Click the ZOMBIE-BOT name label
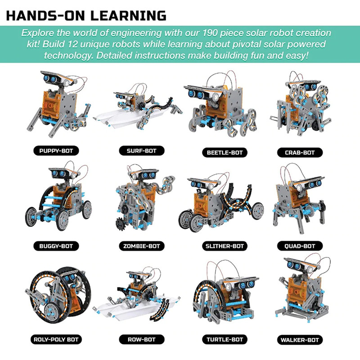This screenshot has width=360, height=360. pos(138,246)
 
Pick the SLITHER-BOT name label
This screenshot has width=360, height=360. pos(224,246)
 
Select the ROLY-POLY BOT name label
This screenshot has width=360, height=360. pos(53,338)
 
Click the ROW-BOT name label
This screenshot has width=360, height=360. pos(138,339)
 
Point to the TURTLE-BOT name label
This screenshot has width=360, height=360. pos(224,339)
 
